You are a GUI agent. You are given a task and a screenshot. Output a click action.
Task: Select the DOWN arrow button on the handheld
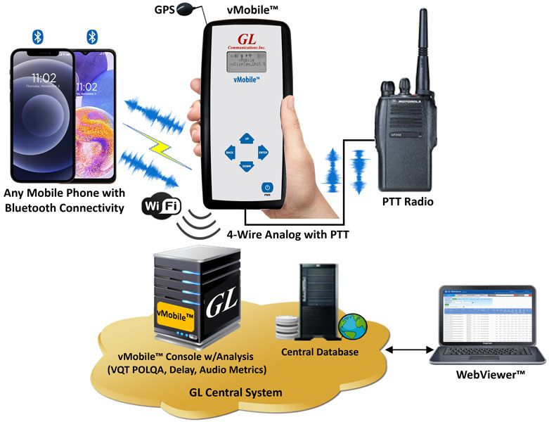[246, 166]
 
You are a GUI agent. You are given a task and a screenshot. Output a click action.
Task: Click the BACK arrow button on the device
[229, 151]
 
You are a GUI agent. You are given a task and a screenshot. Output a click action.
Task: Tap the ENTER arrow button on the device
[263, 151]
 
